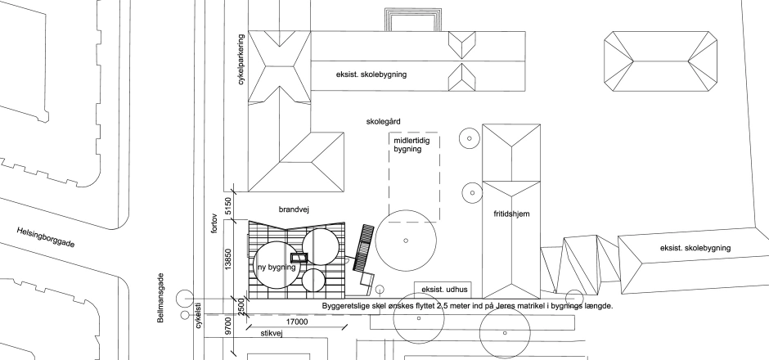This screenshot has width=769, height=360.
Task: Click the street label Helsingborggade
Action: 46,237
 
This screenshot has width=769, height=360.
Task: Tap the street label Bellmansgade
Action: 161,298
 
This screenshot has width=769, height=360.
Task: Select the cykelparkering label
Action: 241,60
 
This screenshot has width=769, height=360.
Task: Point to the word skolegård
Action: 383,121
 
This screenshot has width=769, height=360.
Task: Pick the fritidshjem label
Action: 511,214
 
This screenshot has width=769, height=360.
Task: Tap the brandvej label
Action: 294,209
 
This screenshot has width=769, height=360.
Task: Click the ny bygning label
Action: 277,268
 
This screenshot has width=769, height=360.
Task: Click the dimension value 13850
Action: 228,259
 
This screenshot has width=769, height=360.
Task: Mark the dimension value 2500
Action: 241,307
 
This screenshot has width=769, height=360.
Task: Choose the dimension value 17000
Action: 297,322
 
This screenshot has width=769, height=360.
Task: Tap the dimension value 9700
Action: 227,326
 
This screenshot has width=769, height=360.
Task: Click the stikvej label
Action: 272,334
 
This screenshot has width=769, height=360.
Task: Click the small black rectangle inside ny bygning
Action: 298,258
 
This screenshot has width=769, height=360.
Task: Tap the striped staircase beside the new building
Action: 362,248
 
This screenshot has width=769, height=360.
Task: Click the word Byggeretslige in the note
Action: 347,306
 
